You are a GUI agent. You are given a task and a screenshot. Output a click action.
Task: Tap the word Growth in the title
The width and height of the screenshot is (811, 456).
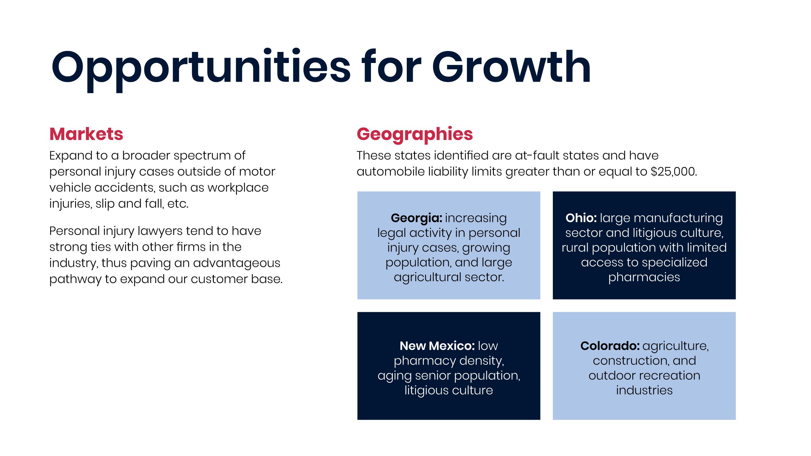click(x=511, y=67)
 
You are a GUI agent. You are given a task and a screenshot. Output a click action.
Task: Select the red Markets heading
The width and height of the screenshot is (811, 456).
click(x=86, y=134)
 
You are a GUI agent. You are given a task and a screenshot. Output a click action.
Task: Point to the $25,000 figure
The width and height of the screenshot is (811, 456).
click(x=674, y=172)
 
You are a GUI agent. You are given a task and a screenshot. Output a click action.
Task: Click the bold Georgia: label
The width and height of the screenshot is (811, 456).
click(x=416, y=218)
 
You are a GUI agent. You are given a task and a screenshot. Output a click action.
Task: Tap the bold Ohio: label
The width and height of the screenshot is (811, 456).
click(x=581, y=218)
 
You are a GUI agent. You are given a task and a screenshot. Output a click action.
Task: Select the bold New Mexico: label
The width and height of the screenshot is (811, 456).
click(x=437, y=346)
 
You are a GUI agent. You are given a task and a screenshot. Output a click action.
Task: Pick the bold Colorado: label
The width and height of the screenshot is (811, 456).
click(x=610, y=346)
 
